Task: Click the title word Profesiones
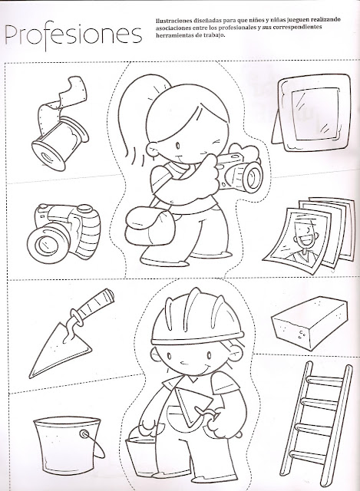click(x=74, y=35)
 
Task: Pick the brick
click(x=309, y=324)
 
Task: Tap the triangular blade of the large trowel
click(x=61, y=350)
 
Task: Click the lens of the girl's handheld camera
click(x=253, y=177)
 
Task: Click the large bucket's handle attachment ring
click(x=84, y=434)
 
